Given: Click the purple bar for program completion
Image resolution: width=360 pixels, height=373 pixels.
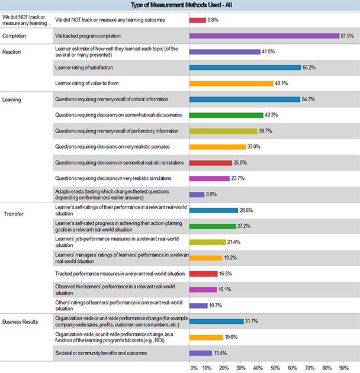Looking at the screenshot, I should point(264,36).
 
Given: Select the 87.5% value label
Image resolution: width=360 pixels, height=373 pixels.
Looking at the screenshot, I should point(348,36).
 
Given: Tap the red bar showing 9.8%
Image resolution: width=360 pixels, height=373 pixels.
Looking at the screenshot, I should point(197,20).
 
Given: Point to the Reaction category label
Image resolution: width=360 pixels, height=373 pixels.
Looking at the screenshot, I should point(11,52).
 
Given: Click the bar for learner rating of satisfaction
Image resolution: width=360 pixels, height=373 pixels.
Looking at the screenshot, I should point(245,67).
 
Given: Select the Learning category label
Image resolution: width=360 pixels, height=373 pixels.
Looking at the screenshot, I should point(11,99).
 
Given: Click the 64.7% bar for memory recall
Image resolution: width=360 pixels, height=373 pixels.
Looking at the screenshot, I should point(245,99).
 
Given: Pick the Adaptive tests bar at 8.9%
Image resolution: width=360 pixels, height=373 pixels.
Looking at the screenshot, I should point(197,194).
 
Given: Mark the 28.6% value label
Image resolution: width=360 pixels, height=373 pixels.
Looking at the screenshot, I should point(247,210).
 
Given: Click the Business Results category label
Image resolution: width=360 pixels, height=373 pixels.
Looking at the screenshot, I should point(21,321).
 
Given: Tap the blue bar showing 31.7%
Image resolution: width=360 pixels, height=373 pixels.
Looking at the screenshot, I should point(216,321).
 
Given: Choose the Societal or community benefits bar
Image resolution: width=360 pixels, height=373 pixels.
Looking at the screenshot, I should point(201,353).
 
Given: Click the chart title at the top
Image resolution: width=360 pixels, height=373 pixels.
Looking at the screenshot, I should point(180,5).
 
